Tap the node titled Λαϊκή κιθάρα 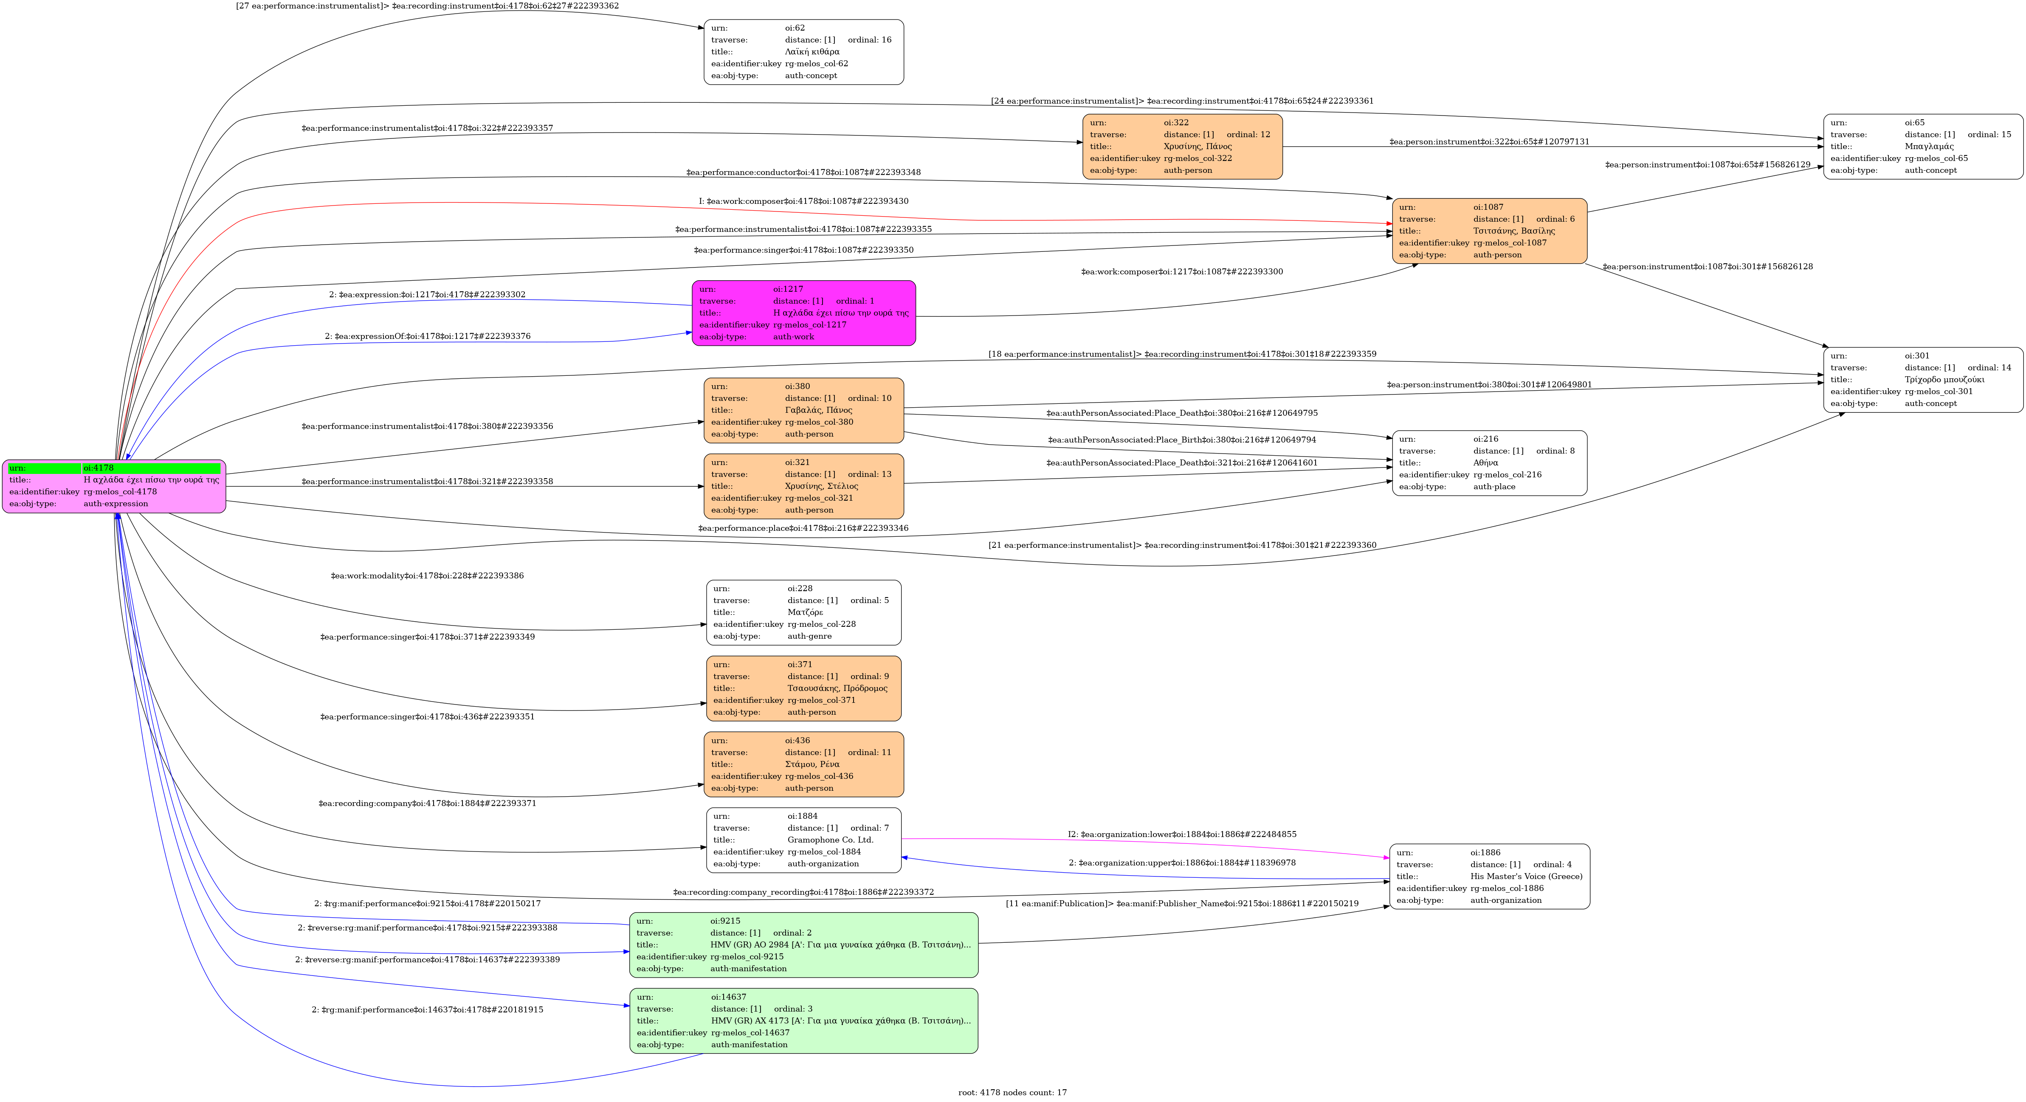[x=803, y=52]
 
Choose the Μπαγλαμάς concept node [x=1922, y=147]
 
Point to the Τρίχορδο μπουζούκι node [x=1922, y=379]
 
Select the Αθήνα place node [x=1489, y=462]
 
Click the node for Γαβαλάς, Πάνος [x=803, y=410]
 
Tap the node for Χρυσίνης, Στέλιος [x=803, y=486]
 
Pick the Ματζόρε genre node [x=803, y=612]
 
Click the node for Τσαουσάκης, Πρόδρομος [x=803, y=688]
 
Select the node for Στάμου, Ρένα [x=803, y=764]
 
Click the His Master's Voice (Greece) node [x=1489, y=876]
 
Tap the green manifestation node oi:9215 [x=803, y=945]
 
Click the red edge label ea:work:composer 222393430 [x=803, y=201]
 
